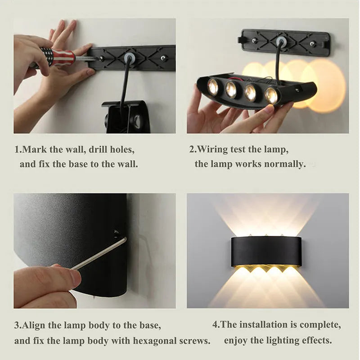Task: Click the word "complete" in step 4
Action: click(x=320, y=324)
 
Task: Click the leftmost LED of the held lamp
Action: click(x=213, y=86)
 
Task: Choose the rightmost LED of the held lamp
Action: click(x=271, y=95)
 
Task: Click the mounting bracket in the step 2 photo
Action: click(x=285, y=43)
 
